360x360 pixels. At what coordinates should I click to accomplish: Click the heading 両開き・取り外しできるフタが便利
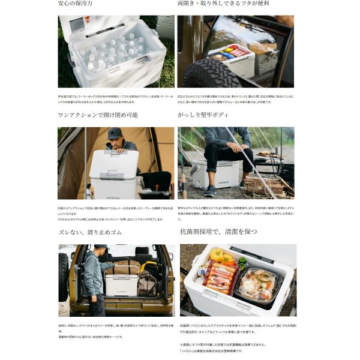(223, 4)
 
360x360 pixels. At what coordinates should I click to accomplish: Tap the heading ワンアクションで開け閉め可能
(98, 115)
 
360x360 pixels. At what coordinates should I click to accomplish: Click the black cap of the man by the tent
(115, 133)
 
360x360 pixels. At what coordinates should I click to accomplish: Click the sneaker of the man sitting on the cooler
(209, 190)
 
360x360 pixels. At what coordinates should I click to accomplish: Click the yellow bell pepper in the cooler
(217, 254)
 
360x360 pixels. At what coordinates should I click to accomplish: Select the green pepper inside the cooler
(241, 262)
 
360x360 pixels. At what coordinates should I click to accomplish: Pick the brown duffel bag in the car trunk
(147, 283)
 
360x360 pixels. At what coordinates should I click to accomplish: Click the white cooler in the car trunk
(121, 283)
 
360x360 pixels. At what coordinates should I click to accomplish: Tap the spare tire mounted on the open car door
(63, 277)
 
